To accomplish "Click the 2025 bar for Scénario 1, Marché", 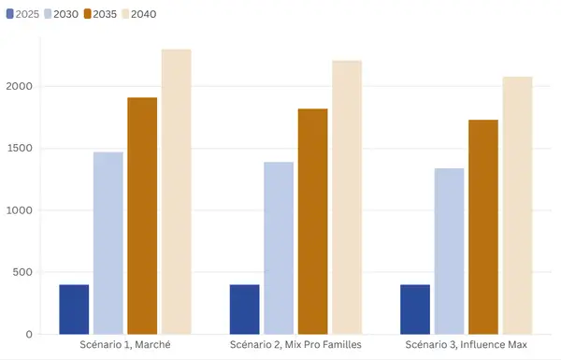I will coord(74,310).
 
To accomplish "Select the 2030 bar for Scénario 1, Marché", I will coord(108,243).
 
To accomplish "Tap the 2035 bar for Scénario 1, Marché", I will coord(142,216).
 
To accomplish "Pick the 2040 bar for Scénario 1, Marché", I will coord(176,192).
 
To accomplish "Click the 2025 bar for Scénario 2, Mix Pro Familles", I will coord(244,310).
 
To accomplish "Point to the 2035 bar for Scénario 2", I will coord(312,222).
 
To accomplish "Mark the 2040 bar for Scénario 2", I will coord(347,197).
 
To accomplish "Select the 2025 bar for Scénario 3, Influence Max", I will coord(415,310).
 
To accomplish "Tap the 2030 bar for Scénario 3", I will coord(449,252).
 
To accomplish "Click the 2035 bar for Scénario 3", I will coord(483,227).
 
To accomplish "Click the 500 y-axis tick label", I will coord(25,272).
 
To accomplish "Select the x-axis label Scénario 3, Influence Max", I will coord(466,346).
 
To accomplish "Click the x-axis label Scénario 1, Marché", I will coord(125,346).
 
